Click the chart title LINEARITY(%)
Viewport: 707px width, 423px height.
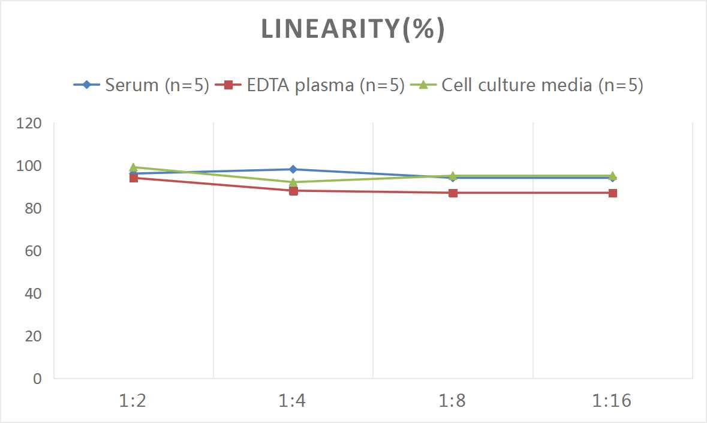click(x=353, y=29)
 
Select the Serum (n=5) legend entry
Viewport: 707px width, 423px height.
click(x=142, y=85)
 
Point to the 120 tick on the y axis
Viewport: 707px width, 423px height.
click(x=29, y=124)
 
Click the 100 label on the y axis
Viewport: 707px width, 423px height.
click(x=29, y=166)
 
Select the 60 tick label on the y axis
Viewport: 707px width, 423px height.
click(x=33, y=251)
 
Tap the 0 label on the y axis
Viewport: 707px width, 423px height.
click(x=37, y=379)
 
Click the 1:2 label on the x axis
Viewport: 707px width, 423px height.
click(x=133, y=401)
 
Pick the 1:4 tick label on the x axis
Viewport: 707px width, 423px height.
click(x=293, y=401)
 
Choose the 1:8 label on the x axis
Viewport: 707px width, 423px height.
click(x=453, y=401)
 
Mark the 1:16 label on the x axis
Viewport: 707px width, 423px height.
click(x=612, y=401)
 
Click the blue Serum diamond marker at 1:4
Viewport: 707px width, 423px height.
click(x=293, y=169)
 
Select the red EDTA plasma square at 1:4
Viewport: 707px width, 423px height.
click(x=293, y=191)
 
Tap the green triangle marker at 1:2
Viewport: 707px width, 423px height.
click(x=133, y=167)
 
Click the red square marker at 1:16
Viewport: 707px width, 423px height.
click(x=612, y=193)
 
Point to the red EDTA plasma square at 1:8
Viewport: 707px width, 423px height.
click(x=453, y=193)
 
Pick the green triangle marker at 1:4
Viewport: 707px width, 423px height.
click(x=293, y=182)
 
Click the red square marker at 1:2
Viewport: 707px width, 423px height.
click(x=133, y=178)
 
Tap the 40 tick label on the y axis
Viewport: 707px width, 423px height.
click(x=33, y=293)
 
